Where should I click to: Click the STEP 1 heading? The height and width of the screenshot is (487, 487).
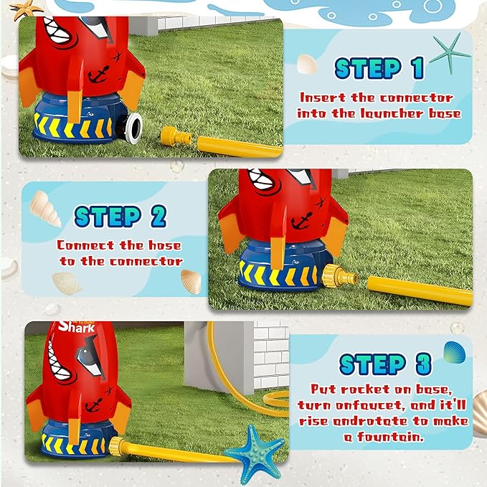(379, 68)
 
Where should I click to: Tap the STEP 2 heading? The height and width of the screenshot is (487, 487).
(120, 216)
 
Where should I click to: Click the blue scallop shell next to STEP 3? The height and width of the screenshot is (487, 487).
(453, 351)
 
